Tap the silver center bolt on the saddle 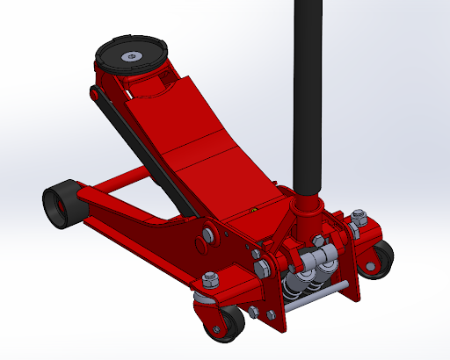(x=132, y=57)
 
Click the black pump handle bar (x=308, y=88)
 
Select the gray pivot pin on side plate (x=207, y=235)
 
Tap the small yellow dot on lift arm (x=253, y=209)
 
